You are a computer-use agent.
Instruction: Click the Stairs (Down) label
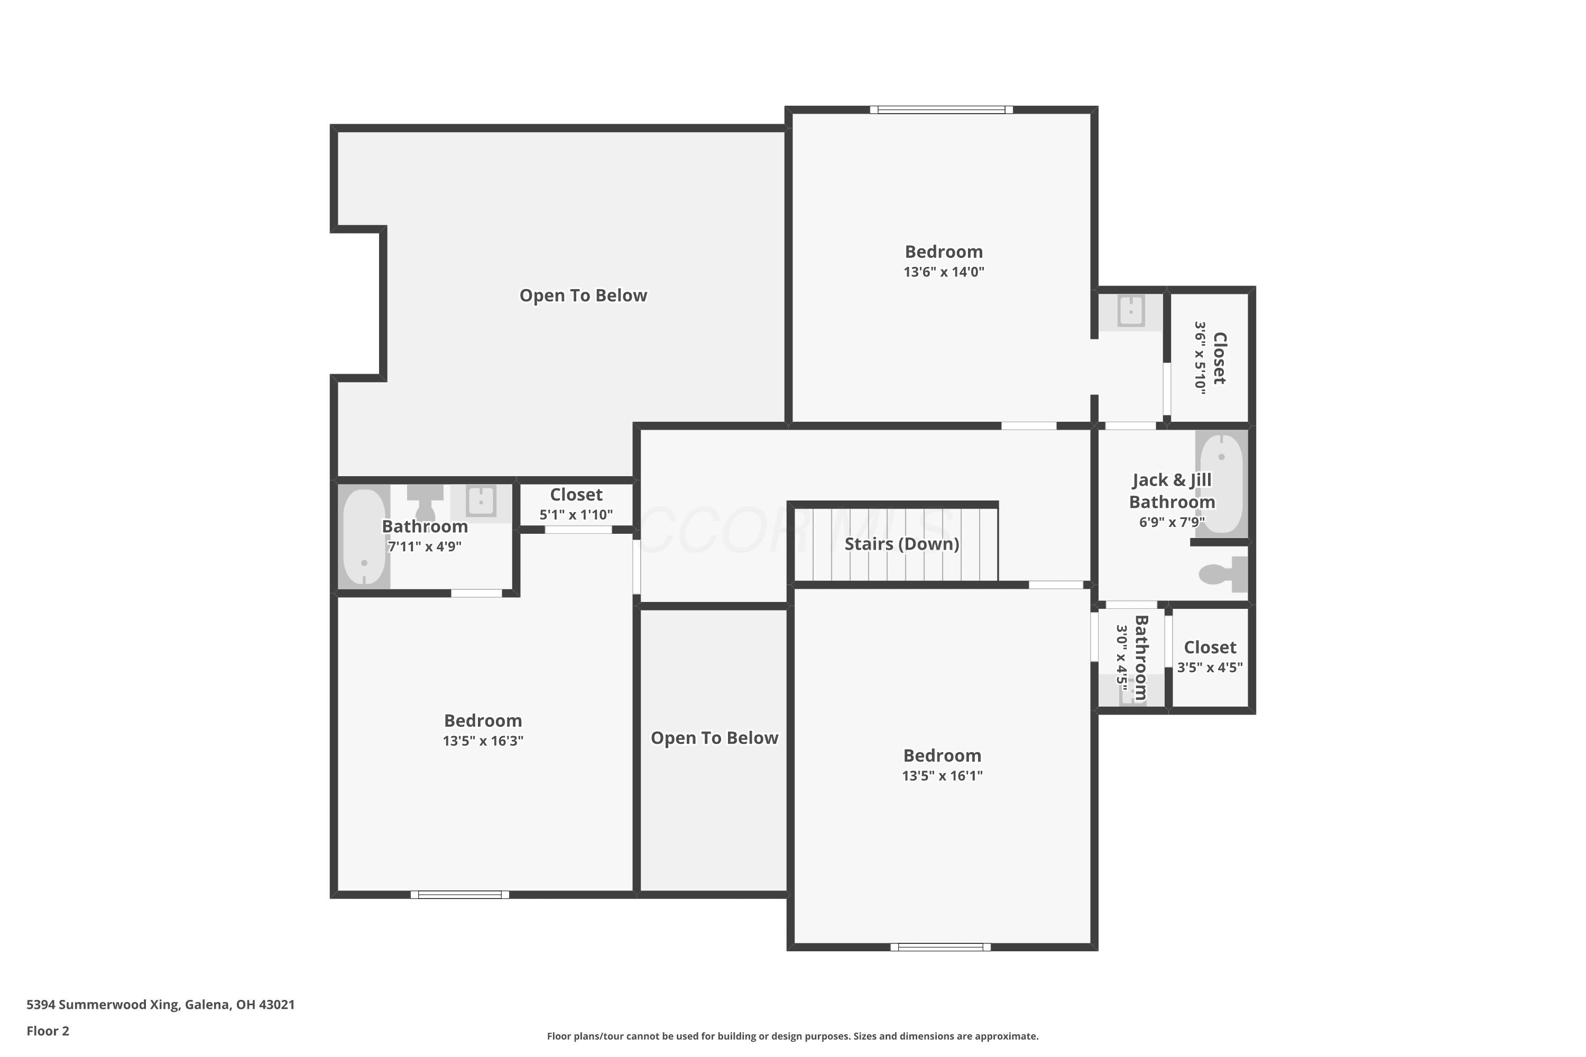click(901, 543)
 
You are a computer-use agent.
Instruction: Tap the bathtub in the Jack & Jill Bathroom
click(1221, 484)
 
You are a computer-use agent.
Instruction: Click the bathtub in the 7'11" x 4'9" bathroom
click(364, 536)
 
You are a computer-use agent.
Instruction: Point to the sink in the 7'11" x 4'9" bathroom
click(481, 501)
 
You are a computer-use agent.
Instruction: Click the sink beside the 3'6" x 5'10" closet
click(1131, 311)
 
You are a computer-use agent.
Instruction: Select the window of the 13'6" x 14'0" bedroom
click(942, 110)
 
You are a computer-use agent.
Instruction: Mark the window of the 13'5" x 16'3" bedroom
click(460, 895)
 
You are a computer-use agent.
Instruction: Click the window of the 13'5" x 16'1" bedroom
click(940, 947)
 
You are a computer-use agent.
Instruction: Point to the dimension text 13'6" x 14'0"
click(944, 272)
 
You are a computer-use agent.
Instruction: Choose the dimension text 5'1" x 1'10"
click(576, 515)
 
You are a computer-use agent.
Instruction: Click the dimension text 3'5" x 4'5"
click(1210, 667)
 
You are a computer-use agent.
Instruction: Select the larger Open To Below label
click(583, 295)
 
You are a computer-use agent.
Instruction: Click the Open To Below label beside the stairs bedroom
click(715, 738)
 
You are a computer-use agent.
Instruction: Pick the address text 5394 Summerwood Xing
click(103, 1005)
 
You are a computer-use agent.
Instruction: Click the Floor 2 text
click(48, 1031)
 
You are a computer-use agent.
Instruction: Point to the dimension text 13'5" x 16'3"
click(483, 741)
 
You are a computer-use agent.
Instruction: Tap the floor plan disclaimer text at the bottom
click(793, 1036)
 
